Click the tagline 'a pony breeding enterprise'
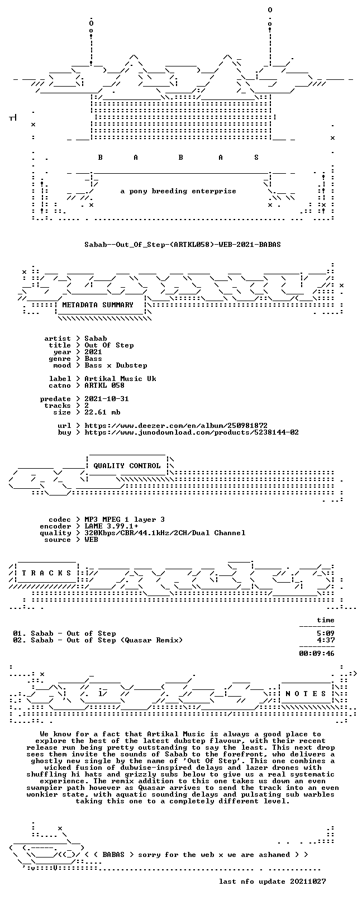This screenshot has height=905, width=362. pos(178,191)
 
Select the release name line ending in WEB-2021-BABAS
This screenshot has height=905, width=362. pos(183,245)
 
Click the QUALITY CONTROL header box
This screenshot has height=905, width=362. pos(127,466)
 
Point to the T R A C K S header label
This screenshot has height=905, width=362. pos(46,573)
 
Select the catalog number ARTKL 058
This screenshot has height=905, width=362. pos(104,385)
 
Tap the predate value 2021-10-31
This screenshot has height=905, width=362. pos(107,399)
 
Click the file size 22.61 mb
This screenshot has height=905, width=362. pos(102,412)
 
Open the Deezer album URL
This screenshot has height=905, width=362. pos(176,426)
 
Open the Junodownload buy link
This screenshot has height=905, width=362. pos(192,432)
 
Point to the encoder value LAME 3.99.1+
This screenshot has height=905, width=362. pos(111,526)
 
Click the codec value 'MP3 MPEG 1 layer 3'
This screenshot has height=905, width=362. pos(125,520)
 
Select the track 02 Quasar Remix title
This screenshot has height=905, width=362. pos(98,640)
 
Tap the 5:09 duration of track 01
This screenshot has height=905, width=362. pos(326,633)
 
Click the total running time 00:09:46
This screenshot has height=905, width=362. pos(317,653)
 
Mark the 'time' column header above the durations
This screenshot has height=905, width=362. pos(326,620)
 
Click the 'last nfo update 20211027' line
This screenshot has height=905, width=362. pos(272,882)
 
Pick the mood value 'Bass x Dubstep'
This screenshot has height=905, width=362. pos(116,365)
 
